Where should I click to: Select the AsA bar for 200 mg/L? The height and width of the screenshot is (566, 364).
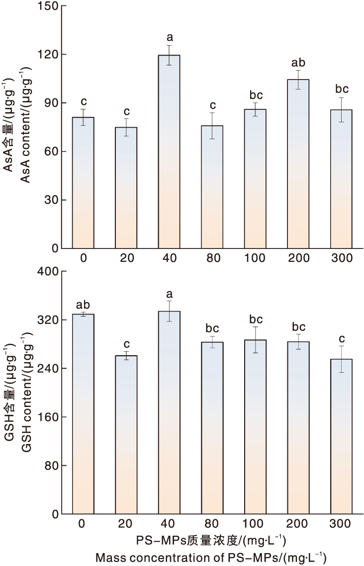pyautogui.click(x=298, y=164)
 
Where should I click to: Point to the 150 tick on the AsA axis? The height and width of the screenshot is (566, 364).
pyautogui.click(x=62, y=6)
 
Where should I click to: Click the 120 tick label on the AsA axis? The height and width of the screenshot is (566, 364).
pyautogui.click(x=49, y=55)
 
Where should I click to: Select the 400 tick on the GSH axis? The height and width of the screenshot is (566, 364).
pyautogui.click(x=62, y=271)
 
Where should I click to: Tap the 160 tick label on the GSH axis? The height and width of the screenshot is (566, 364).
pyautogui.click(x=49, y=417)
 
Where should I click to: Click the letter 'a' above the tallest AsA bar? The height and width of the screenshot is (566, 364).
pyautogui.click(x=169, y=37)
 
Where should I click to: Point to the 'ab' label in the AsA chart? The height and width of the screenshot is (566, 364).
pyautogui.click(x=298, y=63)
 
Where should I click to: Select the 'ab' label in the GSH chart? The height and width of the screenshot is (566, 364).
pyautogui.click(x=83, y=305)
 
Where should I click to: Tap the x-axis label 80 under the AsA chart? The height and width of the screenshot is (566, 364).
pyautogui.click(x=212, y=258)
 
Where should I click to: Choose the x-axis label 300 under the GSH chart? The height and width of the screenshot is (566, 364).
pyautogui.click(x=341, y=524)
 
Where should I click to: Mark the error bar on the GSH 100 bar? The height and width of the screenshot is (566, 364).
pyautogui.click(x=256, y=340)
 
